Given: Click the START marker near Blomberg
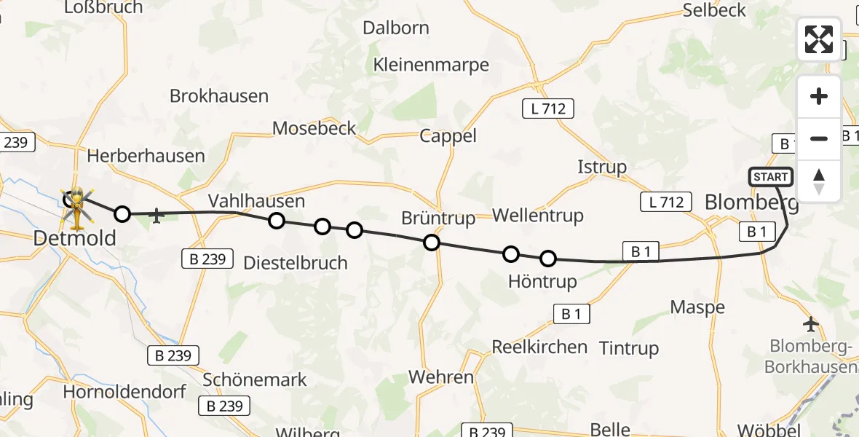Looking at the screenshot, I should click(x=770, y=177).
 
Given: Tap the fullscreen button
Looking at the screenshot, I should click(x=819, y=39).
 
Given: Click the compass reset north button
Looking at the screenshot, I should click(x=819, y=181).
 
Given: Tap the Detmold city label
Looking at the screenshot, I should click(x=75, y=238).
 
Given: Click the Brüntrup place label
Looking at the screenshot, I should click(x=438, y=218).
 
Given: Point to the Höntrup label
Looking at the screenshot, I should click(x=542, y=281).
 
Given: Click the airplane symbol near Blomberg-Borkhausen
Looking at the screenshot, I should click(x=811, y=323).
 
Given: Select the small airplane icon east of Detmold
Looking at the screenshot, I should click(x=157, y=216).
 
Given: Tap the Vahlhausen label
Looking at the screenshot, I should click(x=256, y=200).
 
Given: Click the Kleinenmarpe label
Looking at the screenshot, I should click(x=431, y=64).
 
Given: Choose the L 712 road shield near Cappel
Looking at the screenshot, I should click(x=548, y=109).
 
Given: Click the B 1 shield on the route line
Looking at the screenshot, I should click(x=641, y=252).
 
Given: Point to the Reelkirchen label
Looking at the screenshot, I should click(x=539, y=347).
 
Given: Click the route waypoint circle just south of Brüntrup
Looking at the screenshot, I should click(x=432, y=243).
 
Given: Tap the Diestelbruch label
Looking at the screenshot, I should click(x=296, y=262).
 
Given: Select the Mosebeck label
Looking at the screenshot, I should click(x=314, y=128).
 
